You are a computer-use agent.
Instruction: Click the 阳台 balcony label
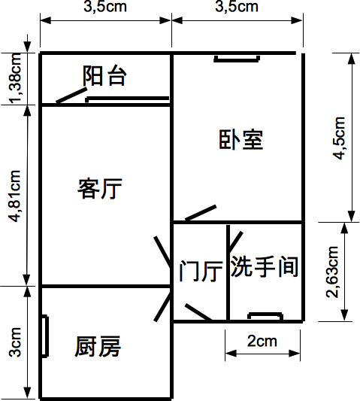pyautogui.click(x=104, y=76)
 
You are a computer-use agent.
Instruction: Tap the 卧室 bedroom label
pyautogui.click(x=241, y=140)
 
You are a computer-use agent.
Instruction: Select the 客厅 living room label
pyautogui.click(x=100, y=189)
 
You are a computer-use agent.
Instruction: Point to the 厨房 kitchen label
pyautogui.click(x=98, y=346)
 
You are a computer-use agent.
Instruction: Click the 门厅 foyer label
pyautogui.click(x=201, y=271)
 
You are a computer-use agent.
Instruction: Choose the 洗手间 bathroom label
pyautogui.click(x=265, y=266)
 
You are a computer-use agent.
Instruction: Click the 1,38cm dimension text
pyautogui.click(x=15, y=78)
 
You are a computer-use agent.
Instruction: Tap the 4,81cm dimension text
pyautogui.click(x=14, y=196)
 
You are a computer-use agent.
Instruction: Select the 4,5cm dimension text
pyautogui.click(x=340, y=138)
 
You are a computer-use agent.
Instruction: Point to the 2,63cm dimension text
pyautogui.click(x=333, y=272)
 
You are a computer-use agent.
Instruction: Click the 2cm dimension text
pyautogui.click(x=262, y=341)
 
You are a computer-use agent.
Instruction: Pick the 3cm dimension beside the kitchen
pyautogui.click(x=15, y=342)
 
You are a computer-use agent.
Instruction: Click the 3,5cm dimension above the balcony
pyautogui.click(x=105, y=6)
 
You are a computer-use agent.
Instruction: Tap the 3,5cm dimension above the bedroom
pyautogui.click(x=237, y=6)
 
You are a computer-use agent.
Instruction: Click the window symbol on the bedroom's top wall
pyautogui.click(x=237, y=59)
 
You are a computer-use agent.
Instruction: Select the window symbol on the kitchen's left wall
pyautogui.click(x=45, y=336)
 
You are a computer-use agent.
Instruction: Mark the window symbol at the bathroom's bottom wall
pyautogui.click(x=265, y=315)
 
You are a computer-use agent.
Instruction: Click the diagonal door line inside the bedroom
pyautogui.click(x=201, y=212)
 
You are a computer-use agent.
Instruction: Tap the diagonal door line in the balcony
pyautogui.click(x=71, y=95)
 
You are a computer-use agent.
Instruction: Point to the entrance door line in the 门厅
pyautogui.click(x=198, y=312)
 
